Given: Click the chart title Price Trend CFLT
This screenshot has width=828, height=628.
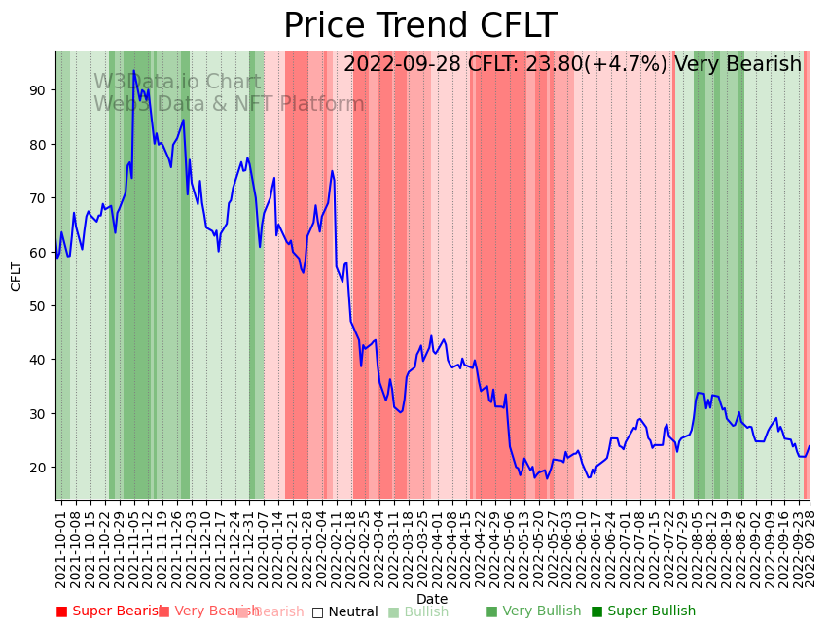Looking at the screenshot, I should (x=419, y=26).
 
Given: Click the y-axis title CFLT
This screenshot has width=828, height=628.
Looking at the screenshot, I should (x=17, y=275).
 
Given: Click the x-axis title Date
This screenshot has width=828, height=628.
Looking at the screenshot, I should (x=432, y=599).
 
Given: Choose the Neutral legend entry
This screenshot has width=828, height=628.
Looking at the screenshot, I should (x=344, y=612).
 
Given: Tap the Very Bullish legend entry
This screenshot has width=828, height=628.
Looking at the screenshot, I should (x=533, y=611).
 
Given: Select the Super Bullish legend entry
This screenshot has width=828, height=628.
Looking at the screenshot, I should (x=643, y=611).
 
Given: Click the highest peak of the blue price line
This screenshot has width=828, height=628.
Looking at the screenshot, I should (x=133, y=72).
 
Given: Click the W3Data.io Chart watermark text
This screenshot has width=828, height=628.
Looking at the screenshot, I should (x=177, y=83).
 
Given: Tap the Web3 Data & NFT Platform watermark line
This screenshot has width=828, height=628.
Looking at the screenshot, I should (x=229, y=104).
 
